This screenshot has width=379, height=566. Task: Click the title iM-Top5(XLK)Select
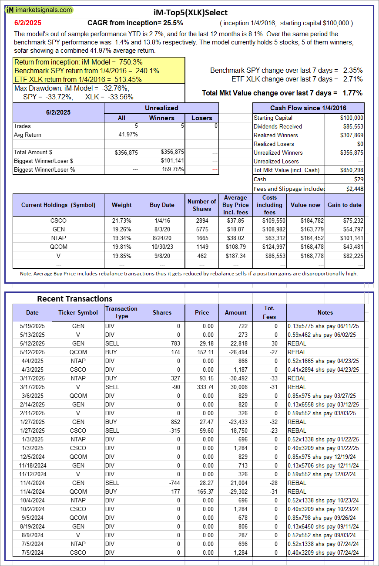coord(191,13)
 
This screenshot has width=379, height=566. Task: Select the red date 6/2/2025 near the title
coord(28,22)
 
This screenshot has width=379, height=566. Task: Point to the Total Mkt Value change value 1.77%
coord(352,93)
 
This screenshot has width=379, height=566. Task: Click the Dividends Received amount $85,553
coord(353,126)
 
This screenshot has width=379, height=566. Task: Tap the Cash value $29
coord(359,179)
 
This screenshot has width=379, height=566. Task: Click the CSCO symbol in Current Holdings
coord(58,220)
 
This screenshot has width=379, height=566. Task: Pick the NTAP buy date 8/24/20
coord(162,238)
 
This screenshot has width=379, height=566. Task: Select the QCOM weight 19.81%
coord(121,247)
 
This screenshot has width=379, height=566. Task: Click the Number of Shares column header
coord(202,205)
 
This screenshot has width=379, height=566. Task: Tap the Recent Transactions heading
coord(74,298)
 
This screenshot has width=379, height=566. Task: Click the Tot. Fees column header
coord(269,312)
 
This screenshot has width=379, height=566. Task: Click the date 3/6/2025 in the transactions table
coord(32,396)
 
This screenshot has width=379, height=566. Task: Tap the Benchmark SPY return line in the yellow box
coord(87,71)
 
